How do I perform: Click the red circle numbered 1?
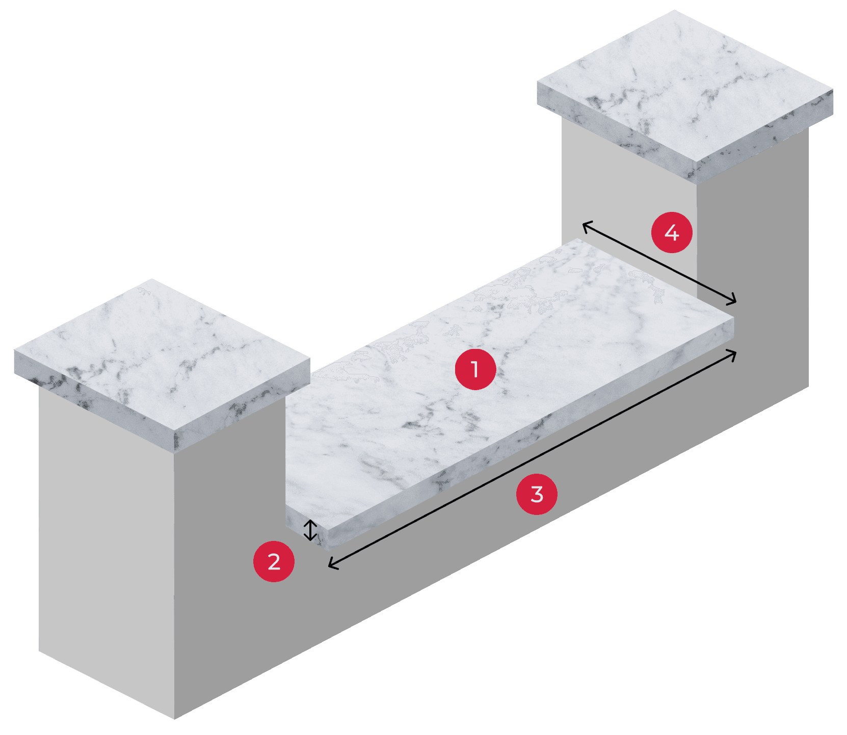tap(475, 369)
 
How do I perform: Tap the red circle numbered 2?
tap(274, 561)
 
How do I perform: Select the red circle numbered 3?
tap(537, 494)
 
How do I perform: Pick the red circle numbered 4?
tap(672, 232)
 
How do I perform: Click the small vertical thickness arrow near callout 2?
tap(310, 530)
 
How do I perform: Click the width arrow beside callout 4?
tap(659, 262)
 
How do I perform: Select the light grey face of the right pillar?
tap(629, 204)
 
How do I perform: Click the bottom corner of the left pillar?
tap(174, 719)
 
